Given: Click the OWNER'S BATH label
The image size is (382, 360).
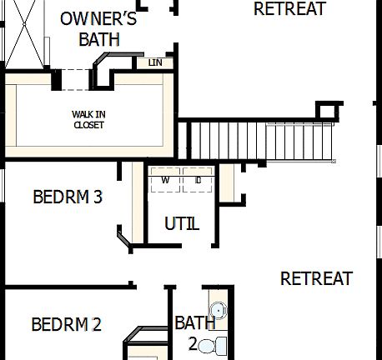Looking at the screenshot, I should coord(98,28).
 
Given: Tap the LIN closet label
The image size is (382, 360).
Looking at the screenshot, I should coord(155,62).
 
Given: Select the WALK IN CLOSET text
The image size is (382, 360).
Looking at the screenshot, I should coord(89,120).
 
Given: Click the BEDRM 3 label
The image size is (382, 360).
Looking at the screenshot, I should coord(68,197).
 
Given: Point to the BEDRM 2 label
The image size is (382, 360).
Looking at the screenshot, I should coord(66,324).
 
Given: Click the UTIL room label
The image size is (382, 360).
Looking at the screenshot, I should coord(182,223).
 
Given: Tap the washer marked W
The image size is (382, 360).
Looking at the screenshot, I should coord(165,179).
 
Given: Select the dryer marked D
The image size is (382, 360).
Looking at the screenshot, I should coord(198,179).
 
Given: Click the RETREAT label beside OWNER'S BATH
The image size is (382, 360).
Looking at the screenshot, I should coord(289,9).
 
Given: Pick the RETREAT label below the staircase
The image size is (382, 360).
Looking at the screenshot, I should coord(316,278).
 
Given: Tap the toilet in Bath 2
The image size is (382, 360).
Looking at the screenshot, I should coord(219,344).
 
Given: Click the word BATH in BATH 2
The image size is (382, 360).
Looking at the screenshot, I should coord(194,323).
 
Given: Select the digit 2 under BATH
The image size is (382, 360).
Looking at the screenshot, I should coord(193,343).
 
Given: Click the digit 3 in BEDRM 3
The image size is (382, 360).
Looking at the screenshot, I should coord(98,197).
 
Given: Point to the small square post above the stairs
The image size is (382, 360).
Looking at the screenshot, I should coord(329,111).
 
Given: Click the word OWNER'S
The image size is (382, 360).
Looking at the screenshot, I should coord(98,18).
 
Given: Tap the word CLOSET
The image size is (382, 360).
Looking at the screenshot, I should coord(89,125).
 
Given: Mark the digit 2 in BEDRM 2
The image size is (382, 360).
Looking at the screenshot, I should coord(97,324).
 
